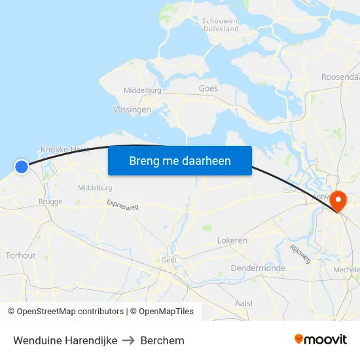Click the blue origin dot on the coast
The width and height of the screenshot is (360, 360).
[x=22, y=167]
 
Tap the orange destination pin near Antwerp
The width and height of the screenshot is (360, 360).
[x=338, y=199]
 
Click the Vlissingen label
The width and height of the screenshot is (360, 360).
[x=132, y=110]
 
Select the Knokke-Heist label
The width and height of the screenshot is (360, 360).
[x=65, y=149]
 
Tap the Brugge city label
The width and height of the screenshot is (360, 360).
[x=50, y=202]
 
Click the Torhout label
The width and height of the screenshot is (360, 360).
[x=20, y=255]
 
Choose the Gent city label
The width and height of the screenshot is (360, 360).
[x=169, y=260]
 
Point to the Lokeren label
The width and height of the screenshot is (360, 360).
[x=232, y=240]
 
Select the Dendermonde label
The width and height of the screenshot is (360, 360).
[x=258, y=268]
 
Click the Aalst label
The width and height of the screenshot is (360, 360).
[x=243, y=303]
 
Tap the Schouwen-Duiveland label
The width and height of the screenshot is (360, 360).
[x=220, y=25]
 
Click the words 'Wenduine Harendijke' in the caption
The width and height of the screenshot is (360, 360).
[x=65, y=340]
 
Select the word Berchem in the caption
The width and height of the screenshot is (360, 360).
[x=162, y=340]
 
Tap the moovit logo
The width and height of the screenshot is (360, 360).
[x=320, y=339]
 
